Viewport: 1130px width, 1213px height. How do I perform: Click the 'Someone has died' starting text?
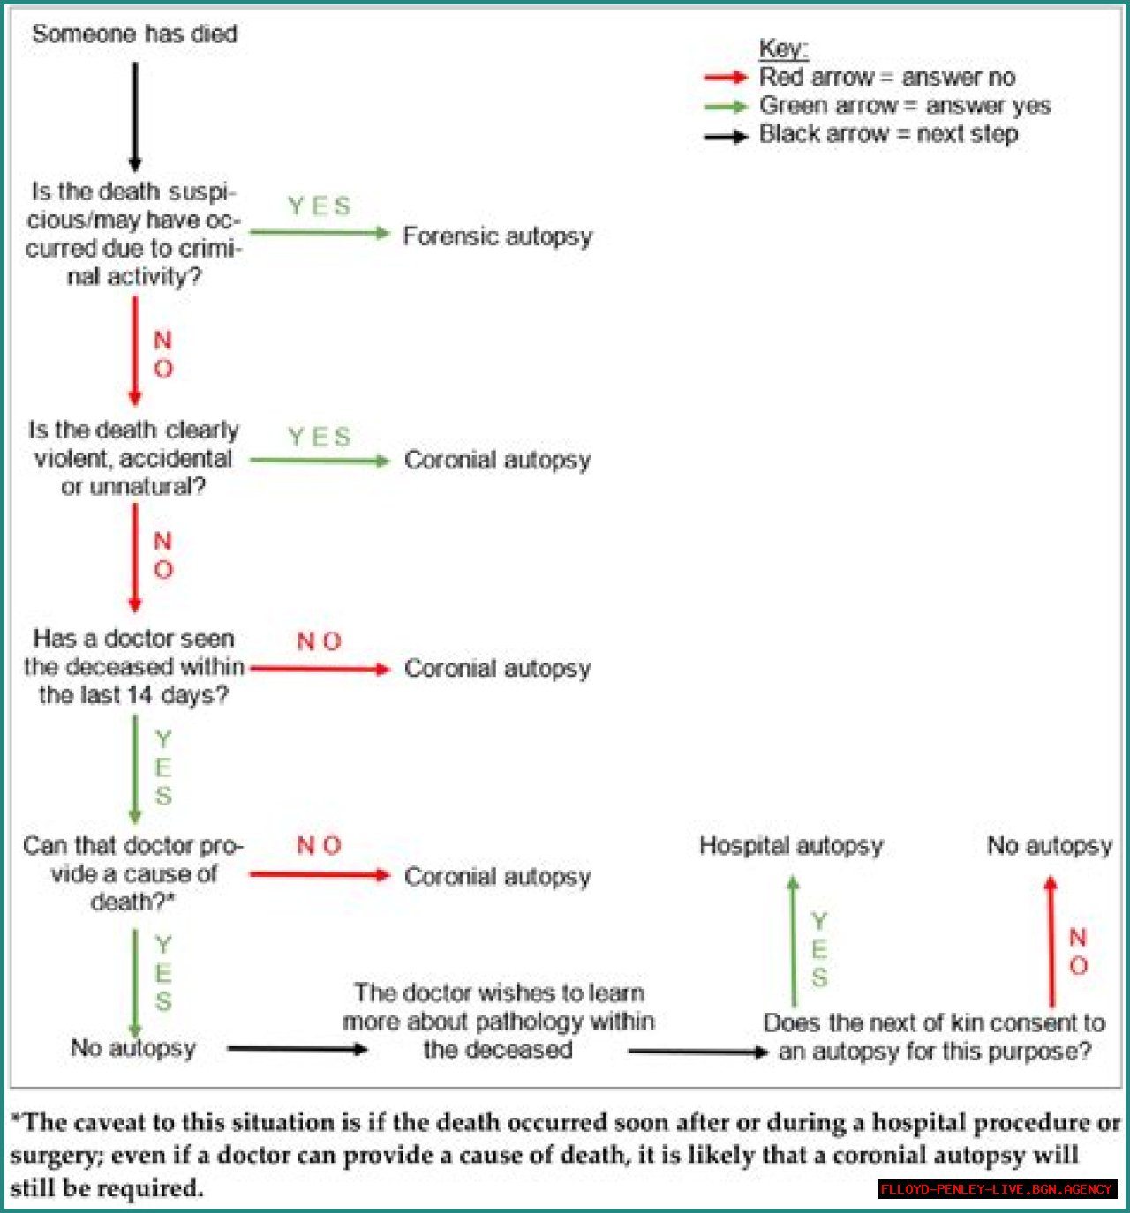pos(134,34)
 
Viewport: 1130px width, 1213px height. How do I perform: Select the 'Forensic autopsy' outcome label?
pos(497,236)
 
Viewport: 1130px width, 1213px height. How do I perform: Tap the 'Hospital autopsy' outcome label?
pos(791,845)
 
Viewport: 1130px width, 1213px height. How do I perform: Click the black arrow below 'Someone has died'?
pos(135,116)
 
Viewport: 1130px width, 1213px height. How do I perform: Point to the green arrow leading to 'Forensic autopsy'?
pos(320,233)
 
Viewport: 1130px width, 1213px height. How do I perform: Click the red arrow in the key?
pos(726,78)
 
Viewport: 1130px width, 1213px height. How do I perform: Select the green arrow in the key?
pos(726,107)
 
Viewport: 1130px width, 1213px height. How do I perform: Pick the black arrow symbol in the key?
pos(726,137)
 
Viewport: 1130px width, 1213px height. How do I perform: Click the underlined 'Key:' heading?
pos(783,49)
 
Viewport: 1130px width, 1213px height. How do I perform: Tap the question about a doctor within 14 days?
pos(133,667)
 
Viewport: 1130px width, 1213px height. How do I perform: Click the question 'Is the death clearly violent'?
pos(133,458)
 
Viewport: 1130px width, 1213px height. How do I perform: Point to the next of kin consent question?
pos(934,1037)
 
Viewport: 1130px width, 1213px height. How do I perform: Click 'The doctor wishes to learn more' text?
pos(499,1021)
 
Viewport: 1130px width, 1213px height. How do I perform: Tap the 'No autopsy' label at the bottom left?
pos(132,1048)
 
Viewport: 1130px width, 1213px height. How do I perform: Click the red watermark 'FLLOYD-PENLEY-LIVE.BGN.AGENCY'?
pos(997,1189)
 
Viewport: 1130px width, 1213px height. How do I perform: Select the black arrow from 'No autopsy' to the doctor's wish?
pos(297,1049)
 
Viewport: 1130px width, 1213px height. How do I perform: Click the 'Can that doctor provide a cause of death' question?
pos(133,873)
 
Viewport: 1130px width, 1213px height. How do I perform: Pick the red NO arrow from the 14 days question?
pos(320,669)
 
